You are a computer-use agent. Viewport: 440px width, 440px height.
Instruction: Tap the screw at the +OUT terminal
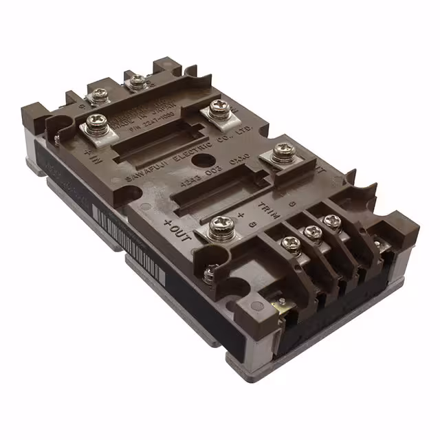[219, 223]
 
